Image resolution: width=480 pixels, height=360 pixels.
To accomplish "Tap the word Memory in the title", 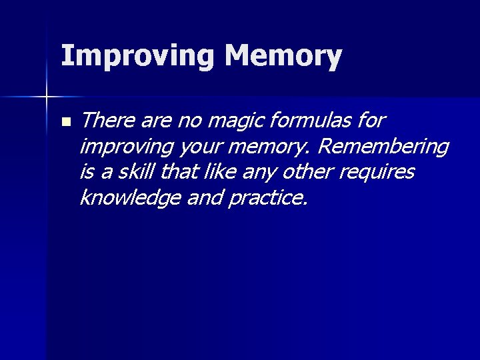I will click(283, 57).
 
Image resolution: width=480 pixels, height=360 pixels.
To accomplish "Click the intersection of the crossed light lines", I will click(47, 97).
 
